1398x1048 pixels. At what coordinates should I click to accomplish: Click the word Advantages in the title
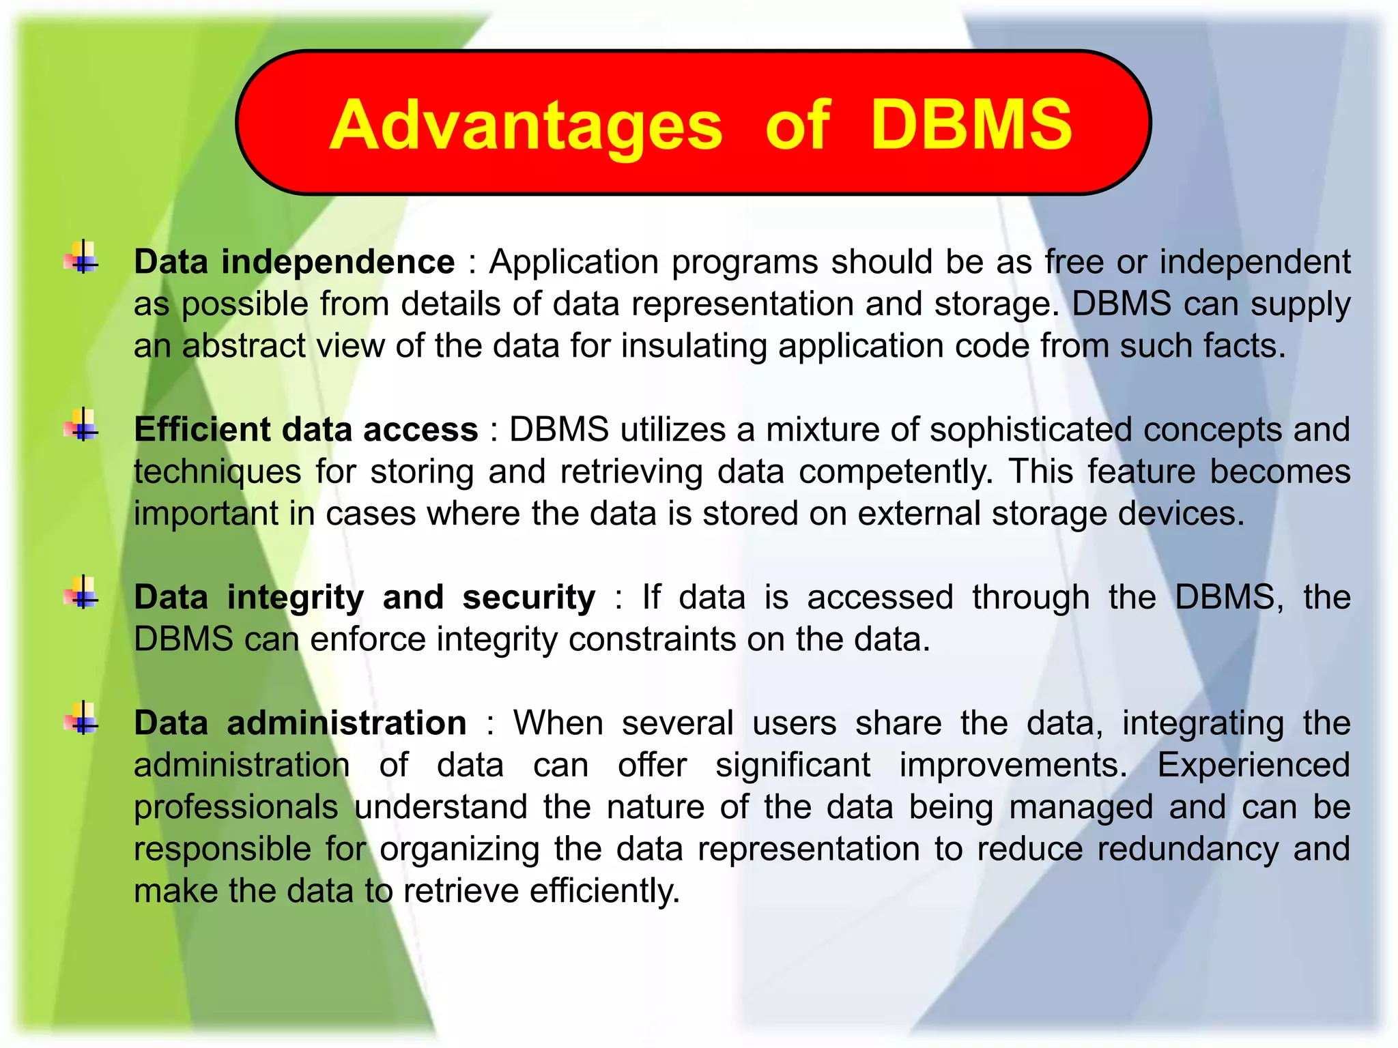(526, 126)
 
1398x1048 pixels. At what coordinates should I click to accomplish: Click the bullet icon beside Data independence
(82, 260)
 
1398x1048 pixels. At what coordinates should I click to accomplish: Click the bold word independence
(338, 262)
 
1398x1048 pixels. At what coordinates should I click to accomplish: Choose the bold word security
(528, 598)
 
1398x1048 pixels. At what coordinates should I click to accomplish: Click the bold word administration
(347, 723)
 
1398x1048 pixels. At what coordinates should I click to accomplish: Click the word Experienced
(1253, 765)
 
